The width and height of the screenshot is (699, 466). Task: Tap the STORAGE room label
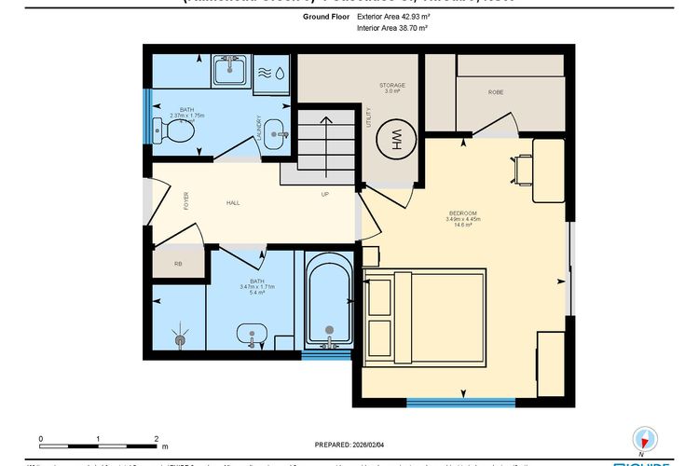tap(392, 85)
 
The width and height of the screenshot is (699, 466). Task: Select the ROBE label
tap(496, 93)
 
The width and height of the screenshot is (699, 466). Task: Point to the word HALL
tap(233, 202)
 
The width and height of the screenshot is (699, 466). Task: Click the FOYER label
tap(186, 199)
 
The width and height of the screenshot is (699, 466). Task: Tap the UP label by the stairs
tap(324, 195)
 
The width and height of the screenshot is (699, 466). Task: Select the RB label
tap(179, 265)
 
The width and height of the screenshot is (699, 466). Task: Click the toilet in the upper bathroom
tap(173, 133)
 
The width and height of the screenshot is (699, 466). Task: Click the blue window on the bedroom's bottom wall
tap(460, 402)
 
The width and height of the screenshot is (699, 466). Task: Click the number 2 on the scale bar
tap(157, 438)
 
